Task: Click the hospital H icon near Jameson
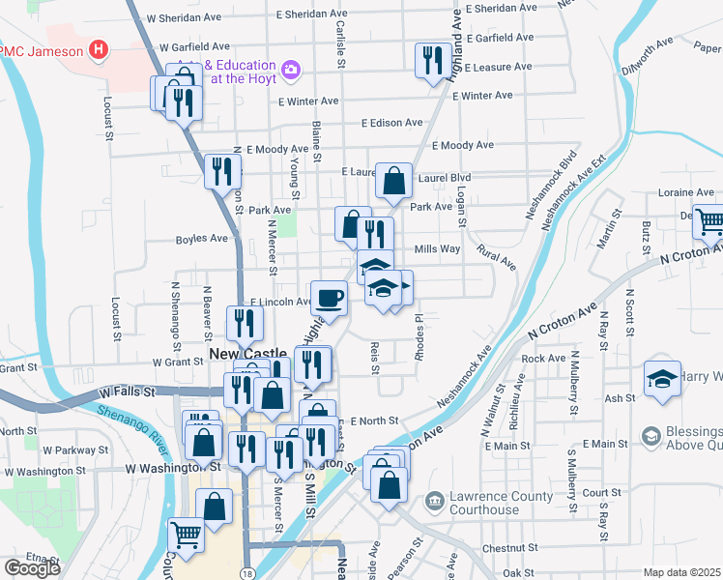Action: point(97,49)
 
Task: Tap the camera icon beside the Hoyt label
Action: point(290,70)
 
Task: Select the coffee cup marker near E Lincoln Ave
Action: point(330,297)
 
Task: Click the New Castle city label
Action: point(248,355)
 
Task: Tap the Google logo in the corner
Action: point(32,568)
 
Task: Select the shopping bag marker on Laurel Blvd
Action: point(393,181)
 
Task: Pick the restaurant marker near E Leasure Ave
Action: point(429,61)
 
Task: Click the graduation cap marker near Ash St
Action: point(663,379)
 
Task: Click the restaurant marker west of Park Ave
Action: point(223,172)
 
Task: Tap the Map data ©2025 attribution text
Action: point(682,572)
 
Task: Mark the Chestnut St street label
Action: point(503,548)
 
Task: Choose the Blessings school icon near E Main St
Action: point(651,438)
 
